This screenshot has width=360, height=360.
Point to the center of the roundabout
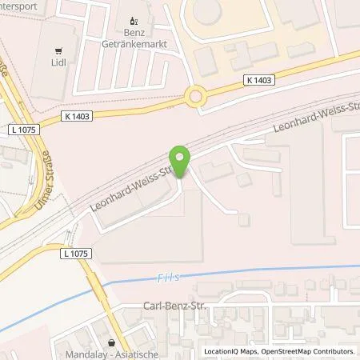coord(194,98)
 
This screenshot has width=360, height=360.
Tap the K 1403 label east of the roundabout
coord(258,79)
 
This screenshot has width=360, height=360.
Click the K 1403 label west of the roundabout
coord(75,117)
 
